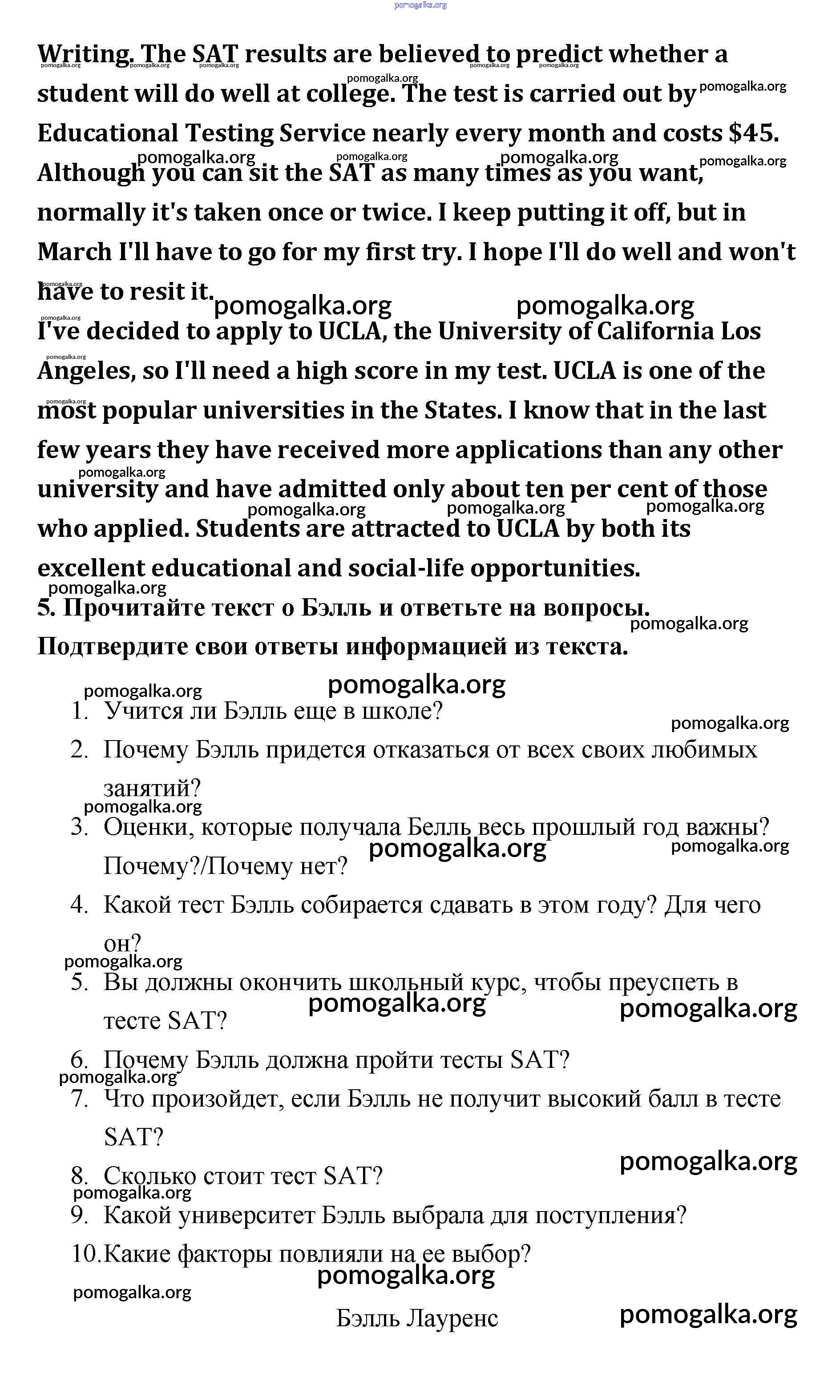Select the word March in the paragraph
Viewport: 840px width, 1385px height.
tap(74, 252)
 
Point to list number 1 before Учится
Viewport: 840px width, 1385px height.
tap(80, 712)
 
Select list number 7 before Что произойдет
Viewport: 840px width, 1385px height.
tap(80, 1099)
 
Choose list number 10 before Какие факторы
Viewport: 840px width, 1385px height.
tap(85, 1254)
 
